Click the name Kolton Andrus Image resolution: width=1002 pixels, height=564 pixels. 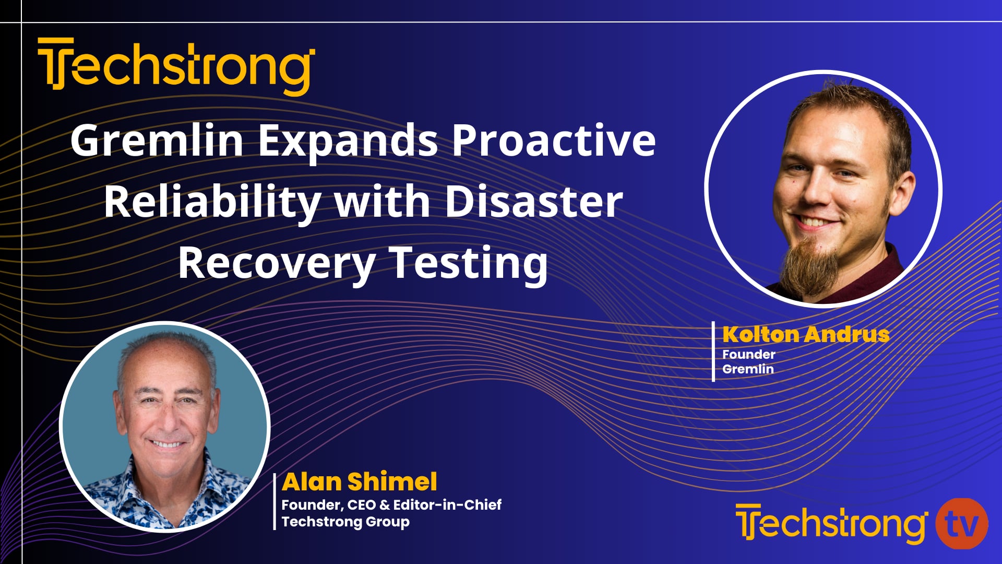pyautogui.click(x=806, y=334)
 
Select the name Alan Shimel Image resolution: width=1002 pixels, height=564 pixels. pyautogui.click(x=359, y=481)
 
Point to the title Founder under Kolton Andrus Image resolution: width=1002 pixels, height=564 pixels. pyautogui.click(x=748, y=354)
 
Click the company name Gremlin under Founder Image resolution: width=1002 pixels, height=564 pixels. pyautogui.click(x=748, y=369)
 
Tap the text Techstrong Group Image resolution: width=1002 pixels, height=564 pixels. pyautogui.click(x=345, y=522)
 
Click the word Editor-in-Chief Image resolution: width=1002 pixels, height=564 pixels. pyautogui.click(x=447, y=504)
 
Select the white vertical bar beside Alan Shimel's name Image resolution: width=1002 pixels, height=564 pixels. pyautogui.click(x=275, y=501)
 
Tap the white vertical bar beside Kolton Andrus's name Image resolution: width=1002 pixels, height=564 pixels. pyautogui.click(x=713, y=351)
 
